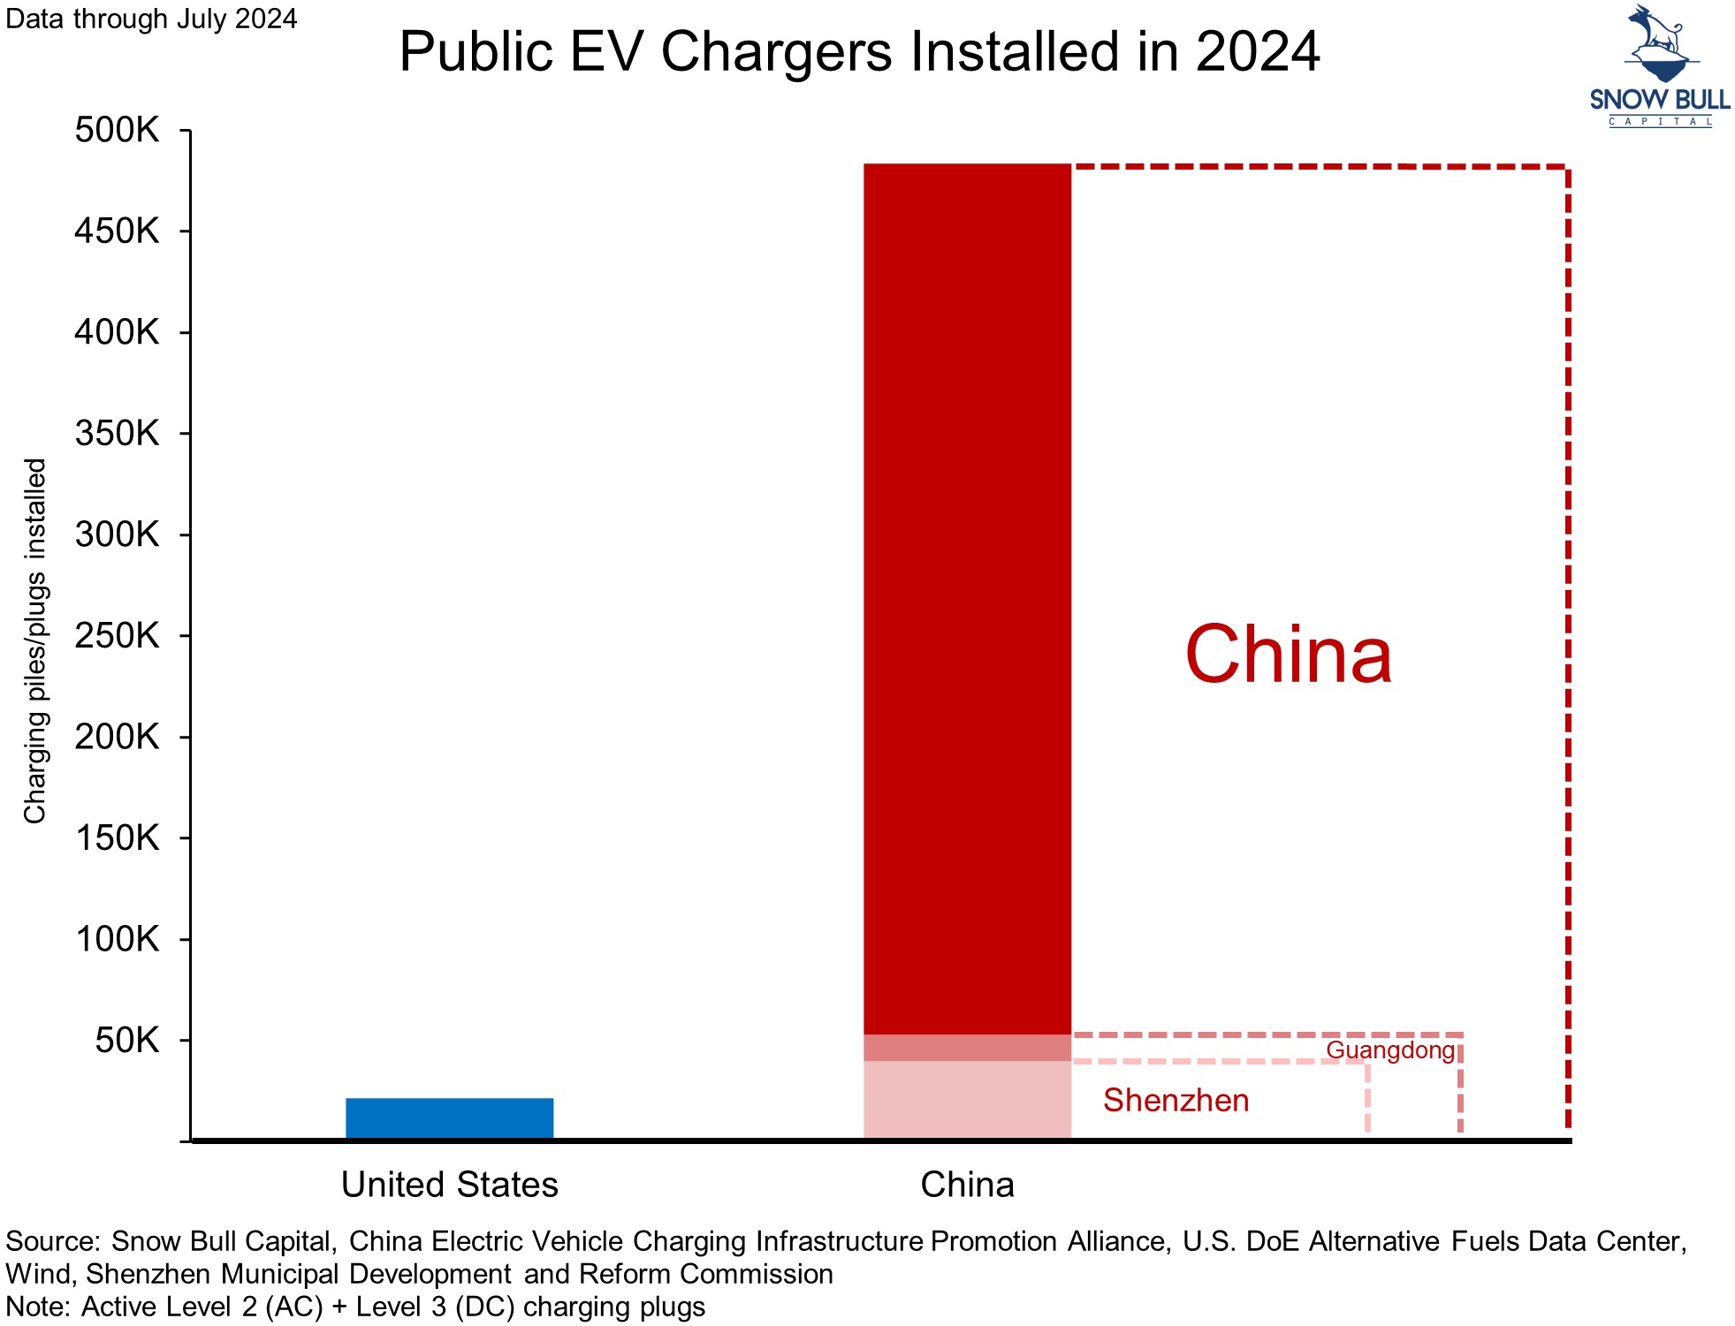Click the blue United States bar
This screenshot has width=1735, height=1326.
[x=449, y=1118]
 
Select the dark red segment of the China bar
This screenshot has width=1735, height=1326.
[x=967, y=598]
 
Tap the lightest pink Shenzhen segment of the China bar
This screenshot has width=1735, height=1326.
[x=967, y=1099]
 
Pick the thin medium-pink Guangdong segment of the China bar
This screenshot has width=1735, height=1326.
[x=967, y=1048]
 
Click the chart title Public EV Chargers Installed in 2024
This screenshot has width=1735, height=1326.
[x=859, y=51]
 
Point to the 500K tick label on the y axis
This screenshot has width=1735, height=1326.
[x=117, y=130]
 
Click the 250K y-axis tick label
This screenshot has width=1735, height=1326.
[x=117, y=635]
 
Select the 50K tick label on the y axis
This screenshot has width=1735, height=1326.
[x=127, y=1040]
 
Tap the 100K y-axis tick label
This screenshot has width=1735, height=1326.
[x=117, y=938]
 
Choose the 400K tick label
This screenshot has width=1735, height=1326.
[x=117, y=332]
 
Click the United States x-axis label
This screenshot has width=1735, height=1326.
[x=449, y=1185]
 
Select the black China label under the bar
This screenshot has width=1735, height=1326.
[x=967, y=1185]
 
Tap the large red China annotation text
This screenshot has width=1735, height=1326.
[x=1288, y=655]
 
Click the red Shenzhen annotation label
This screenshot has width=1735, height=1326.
[x=1176, y=1100]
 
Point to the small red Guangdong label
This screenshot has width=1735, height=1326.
[x=1389, y=1049]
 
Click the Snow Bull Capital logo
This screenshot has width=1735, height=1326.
[x=1659, y=66]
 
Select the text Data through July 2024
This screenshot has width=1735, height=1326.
[x=151, y=19]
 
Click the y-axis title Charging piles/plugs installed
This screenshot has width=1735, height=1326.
[x=34, y=640]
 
